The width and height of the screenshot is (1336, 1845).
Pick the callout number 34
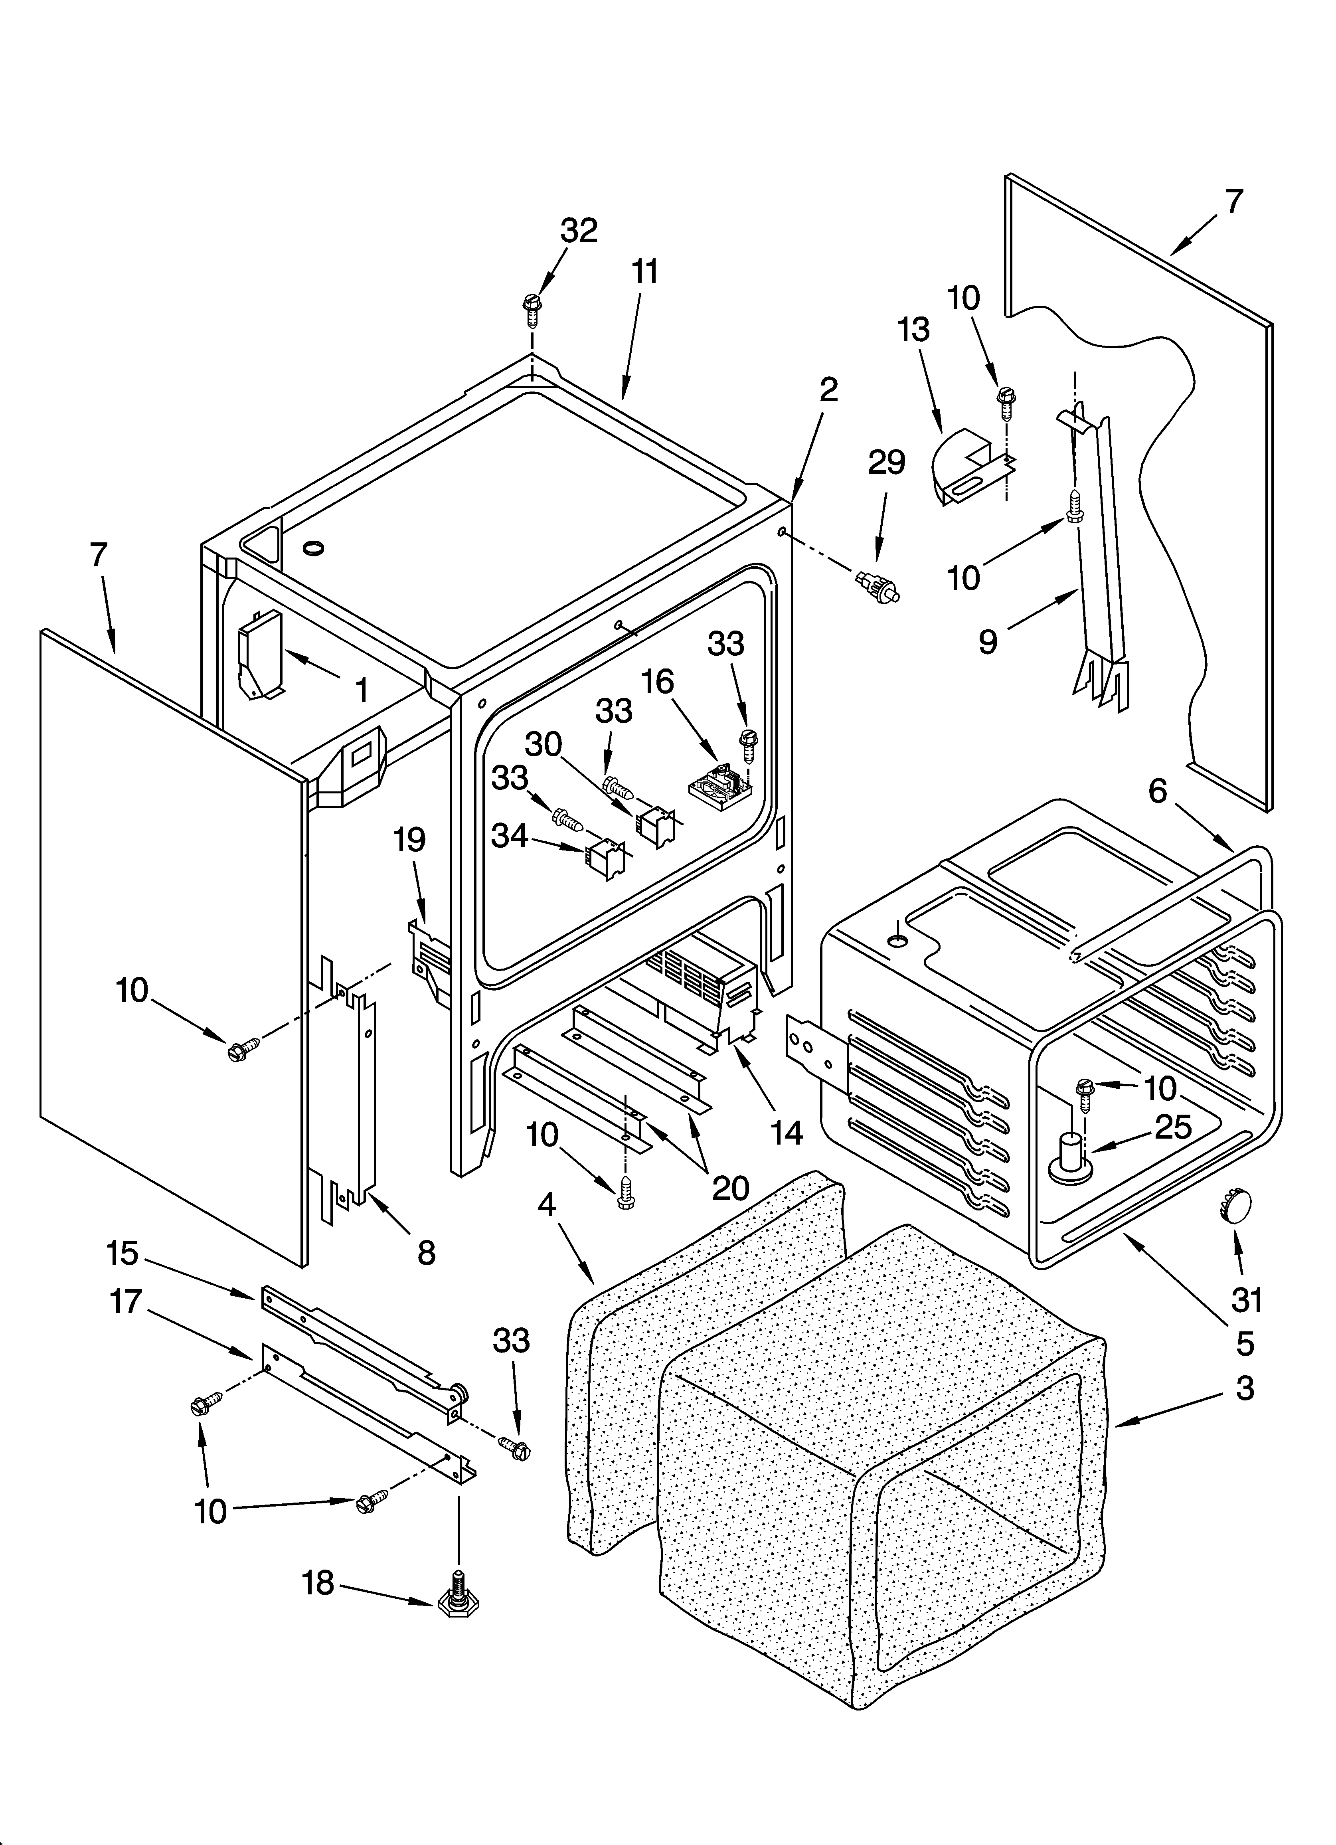tap(510, 835)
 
